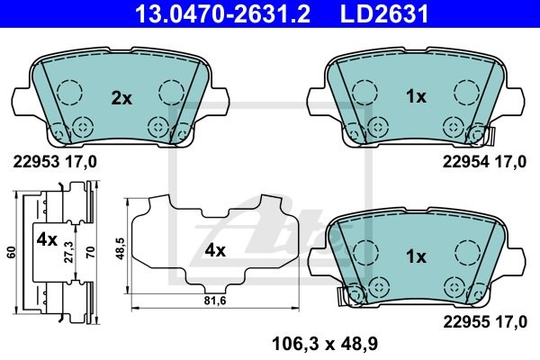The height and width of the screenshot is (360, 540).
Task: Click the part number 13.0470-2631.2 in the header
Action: click(223, 13)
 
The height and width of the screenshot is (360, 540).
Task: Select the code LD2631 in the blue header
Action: click(384, 13)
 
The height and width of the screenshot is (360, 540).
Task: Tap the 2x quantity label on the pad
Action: click(121, 99)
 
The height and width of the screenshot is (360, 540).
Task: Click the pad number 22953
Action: click(36, 161)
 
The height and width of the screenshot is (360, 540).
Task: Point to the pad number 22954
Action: click(466, 161)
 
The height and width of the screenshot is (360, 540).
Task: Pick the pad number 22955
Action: click(466, 322)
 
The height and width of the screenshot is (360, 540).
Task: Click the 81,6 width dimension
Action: click(215, 301)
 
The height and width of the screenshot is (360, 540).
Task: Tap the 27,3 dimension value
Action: click(69, 252)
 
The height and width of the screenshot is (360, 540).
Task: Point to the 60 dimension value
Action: click(11, 253)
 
